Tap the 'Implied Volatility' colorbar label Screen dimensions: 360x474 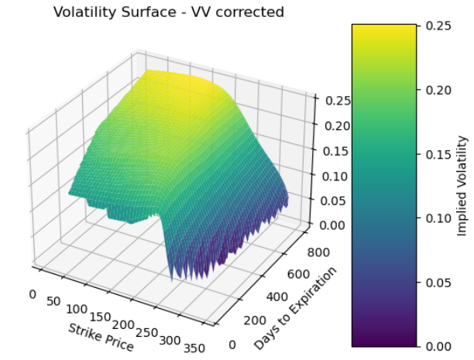pyautogui.click(x=462, y=186)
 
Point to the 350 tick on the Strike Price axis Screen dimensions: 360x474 pyautogui.click(x=194, y=347)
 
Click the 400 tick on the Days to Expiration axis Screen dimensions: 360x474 pyautogui.click(x=275, y=297)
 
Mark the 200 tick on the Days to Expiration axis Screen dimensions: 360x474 pyautogui.click(x=252, y=321)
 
